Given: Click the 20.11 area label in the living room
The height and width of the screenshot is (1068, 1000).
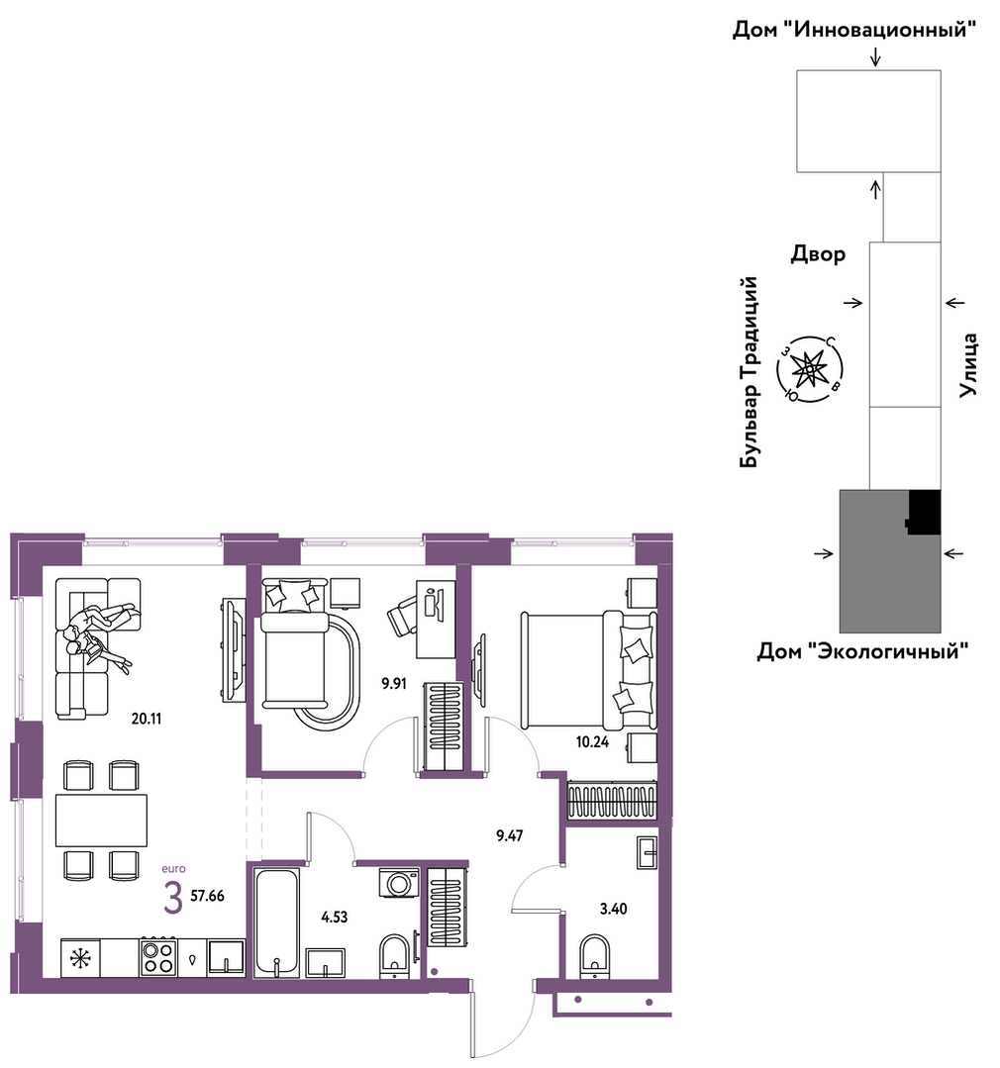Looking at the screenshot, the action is pyautogui.click(x=147, y=719).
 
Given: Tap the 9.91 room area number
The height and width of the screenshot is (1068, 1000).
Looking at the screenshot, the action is pyautogui.click(x=394, y=684).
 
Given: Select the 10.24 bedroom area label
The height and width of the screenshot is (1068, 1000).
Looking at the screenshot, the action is pyautogui.click(x=592, y=742).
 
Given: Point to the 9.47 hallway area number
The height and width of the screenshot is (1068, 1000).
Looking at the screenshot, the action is pyautogui.click(x=510, y=835).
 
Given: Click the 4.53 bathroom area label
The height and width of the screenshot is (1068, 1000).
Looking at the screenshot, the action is pyautogui.click(x=335, y=918).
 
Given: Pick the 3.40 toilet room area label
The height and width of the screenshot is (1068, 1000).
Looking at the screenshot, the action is pyautogui.click(x=613, y=909).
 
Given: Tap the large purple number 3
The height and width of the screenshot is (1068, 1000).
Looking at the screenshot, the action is pyautogui.click(x=173, y=898).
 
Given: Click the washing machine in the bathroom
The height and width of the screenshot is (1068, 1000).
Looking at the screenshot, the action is pyautogui.click(x=400, y=884).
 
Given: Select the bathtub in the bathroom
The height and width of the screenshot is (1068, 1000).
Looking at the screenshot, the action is pyautogui.click(x=276, y=922).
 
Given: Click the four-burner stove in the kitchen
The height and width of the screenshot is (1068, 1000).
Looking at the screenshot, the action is pyautogui.click(x=158, y=957).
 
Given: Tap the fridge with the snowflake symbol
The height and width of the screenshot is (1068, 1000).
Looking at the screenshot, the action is pyautogui.click(x=80, y=958).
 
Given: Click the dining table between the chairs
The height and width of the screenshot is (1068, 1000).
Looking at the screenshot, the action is pyautogui.click(x=102, y=821).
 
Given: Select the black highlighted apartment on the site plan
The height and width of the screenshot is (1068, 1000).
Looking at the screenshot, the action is pyautogui.click(x=925, y=512).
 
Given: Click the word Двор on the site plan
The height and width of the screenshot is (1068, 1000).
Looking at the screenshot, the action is pyautogui.click(x=818, y=254).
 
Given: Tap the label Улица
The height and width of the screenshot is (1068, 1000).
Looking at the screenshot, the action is pyautogui.click(x=968, y=365).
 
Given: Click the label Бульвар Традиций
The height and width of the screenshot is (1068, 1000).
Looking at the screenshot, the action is pyautogui.click(x=749, y=372).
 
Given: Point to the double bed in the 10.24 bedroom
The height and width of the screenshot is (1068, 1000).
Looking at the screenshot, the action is pyautogui.click(x=588, y=670).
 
